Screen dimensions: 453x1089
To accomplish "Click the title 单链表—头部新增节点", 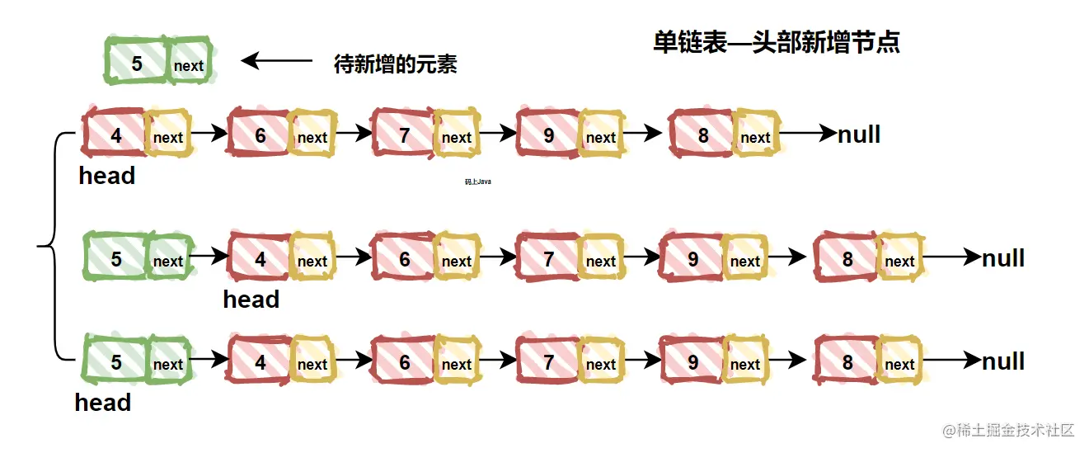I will pyautogui.click(x=776, y=43).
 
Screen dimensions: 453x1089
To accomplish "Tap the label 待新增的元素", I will pyautogui.click(x=395, y=64).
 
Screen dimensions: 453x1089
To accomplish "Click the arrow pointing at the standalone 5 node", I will pyautogui.click(x=277, y=60).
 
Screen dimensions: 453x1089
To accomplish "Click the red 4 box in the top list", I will pyautogui.click(x=115, y=135).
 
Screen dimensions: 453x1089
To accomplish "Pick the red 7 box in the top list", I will pyautogui.click(x=404, y=135).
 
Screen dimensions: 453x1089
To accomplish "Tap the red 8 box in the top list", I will pyautogui.click(x=702, y=135).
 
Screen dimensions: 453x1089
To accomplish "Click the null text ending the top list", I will pyautogui.click(x=859, y=134).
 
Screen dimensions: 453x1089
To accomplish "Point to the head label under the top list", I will pyautogui.click(x=107, y=176).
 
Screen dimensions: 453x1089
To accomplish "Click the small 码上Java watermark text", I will pyautogui.click(x=478, y=182).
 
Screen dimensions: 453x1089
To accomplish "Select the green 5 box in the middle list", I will pyautogui.click(x=115, y=259).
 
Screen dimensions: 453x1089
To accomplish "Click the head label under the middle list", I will pyautogui.click(x=251, y=300).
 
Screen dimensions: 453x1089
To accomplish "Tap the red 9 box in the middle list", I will pyautogui.click(x=692, y=259).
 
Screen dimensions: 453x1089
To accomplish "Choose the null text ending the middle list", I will pyautogui.click(x=1003, y=258).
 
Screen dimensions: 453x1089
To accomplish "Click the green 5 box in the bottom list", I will pyautogui.click(x=115, y=362).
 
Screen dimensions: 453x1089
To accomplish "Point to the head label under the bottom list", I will pyautogui.click(x=103, y=403).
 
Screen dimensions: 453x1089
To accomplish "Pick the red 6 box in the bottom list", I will pyautogui.click(x=404, y=362).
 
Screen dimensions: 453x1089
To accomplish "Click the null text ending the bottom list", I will pyautogui.click(x=1003, y=361).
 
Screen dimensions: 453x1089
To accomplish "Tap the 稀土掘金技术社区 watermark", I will pyautogui.click(x=1009, y=430).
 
